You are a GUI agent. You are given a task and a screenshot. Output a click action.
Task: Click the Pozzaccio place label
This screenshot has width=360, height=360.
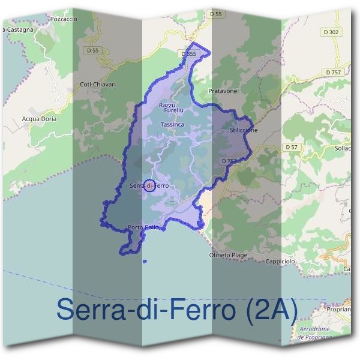64,19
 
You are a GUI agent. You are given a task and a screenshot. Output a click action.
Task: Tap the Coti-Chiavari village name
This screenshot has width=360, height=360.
97,85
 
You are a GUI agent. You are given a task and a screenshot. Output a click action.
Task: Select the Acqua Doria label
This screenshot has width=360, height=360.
39,119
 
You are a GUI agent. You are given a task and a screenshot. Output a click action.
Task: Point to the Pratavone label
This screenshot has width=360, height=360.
223,91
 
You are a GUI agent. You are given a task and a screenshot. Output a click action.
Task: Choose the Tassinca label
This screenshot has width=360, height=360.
173,124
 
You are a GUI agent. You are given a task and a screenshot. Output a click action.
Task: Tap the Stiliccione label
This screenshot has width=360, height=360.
244,130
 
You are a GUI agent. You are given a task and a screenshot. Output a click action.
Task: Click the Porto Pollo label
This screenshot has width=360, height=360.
143,227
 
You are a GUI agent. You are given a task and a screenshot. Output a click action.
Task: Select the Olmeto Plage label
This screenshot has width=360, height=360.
227,255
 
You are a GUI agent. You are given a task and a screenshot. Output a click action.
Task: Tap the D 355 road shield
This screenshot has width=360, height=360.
188,54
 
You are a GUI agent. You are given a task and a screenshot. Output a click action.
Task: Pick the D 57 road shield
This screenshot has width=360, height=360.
292,147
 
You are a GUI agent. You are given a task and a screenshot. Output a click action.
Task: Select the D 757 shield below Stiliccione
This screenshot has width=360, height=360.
229,161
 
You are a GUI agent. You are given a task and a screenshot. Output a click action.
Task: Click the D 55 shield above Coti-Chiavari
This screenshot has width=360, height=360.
92,51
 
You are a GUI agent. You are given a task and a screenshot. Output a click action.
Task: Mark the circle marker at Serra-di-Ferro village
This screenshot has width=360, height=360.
151,185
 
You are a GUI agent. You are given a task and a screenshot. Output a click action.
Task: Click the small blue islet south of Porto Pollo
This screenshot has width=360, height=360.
145,261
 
